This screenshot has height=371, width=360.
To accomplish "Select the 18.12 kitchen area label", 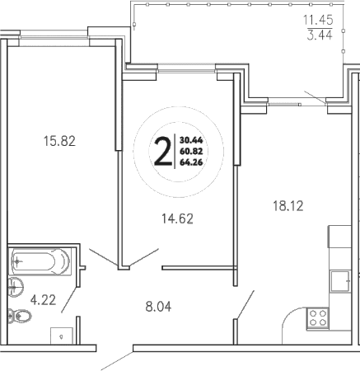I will [288, 206].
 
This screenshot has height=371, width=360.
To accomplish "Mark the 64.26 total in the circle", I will [191, 162].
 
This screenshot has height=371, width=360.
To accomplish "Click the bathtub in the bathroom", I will [39, 262].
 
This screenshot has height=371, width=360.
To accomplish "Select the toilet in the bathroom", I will [14, 314].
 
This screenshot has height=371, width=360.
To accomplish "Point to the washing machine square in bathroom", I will [60, 336].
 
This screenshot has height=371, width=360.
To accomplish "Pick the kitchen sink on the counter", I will [339, 280].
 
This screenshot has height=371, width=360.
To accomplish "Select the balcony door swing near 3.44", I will [314, 98].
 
